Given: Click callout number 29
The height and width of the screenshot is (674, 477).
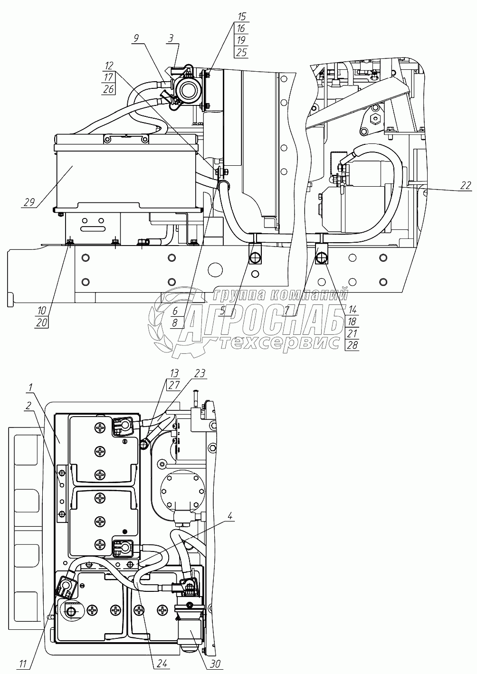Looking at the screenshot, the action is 29,203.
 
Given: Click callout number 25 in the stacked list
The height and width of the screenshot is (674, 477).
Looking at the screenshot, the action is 241,52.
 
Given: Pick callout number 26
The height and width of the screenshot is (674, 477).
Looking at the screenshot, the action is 108,89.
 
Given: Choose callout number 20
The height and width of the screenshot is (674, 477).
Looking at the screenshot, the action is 42,323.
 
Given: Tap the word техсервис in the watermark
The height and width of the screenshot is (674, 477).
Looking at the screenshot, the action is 280,343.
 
